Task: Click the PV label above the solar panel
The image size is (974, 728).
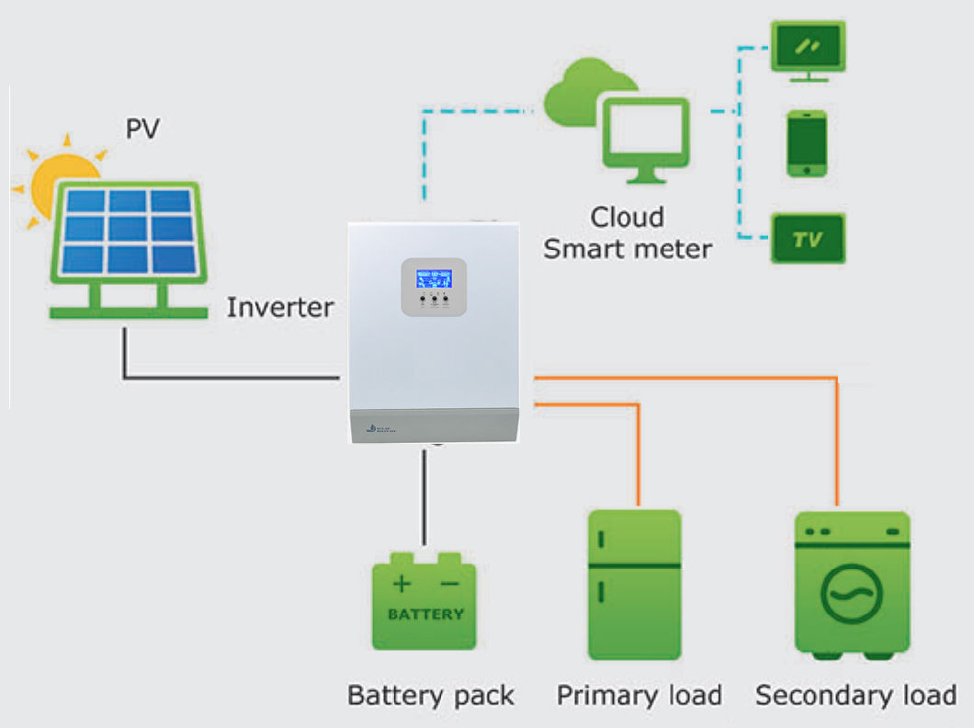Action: (x=142, y=129)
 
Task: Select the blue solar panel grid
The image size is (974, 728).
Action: (x=129, y=232)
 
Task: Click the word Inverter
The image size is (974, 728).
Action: (x=280, y=307)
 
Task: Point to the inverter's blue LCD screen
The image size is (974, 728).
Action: (x=434, y=279)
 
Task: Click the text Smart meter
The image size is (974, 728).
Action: (x=628, y=248)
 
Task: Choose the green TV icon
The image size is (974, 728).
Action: (x=806, y=239)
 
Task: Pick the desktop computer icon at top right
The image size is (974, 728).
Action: (x=806, y=51)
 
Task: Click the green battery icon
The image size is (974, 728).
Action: (x=424, y=601)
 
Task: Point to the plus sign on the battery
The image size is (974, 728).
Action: (x=402, y=584)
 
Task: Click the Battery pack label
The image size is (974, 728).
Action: (x=430, y=695)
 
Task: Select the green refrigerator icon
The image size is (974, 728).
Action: (x=634, y=585)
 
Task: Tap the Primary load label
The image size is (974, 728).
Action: (x=639, y=695)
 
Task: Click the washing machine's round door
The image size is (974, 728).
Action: (x=852, y=595)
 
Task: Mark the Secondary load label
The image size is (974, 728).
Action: (x=855, y=695)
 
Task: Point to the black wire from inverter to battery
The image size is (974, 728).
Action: (x=424, y=496)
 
